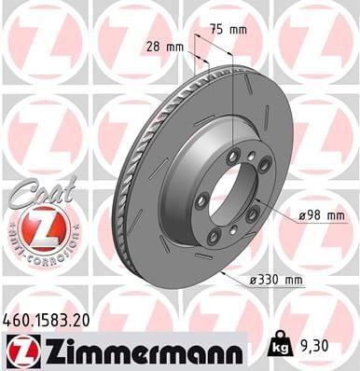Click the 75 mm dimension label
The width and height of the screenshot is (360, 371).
232,29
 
